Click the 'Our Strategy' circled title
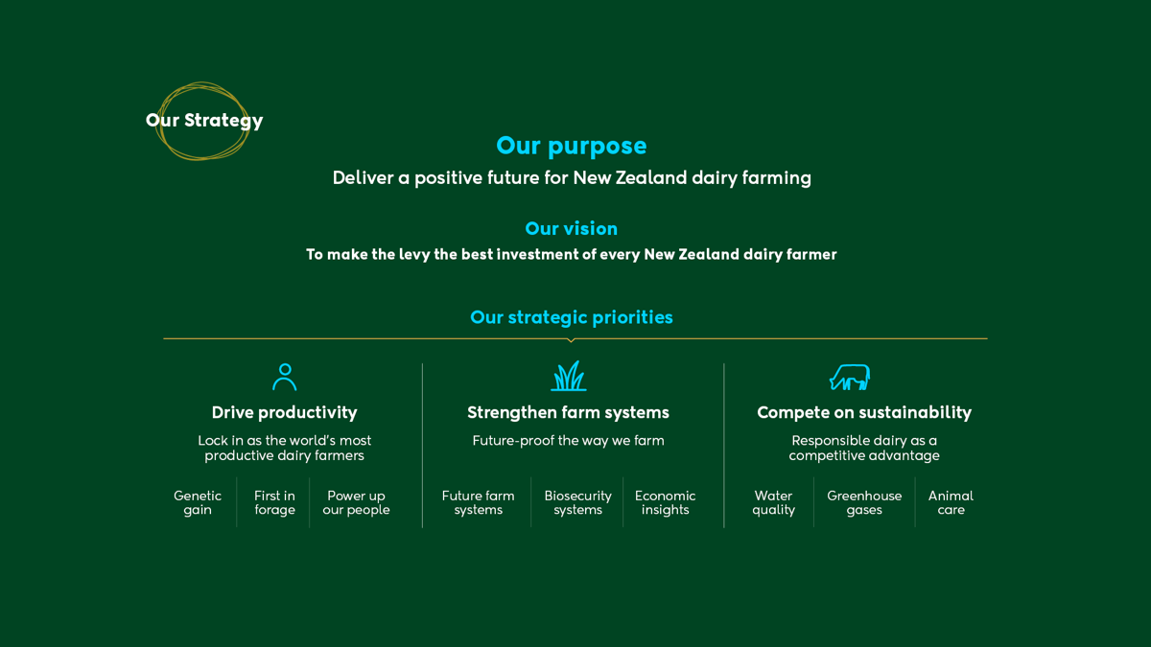point(204,120)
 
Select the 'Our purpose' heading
point(571,146)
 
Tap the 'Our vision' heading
point(571,228)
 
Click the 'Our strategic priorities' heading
point(571,317)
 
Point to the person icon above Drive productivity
point(285,377)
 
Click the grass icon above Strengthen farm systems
point(568,376)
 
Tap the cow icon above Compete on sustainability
point(850,378)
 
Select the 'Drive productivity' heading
point(284,412)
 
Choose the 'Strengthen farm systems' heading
point(568,412)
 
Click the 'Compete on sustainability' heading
point(864,412)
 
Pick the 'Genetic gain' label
point(198,502)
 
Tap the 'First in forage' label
point(274,502)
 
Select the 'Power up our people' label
point(356,502)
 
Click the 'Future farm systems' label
point(478,502)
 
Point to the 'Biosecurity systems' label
point(578,502)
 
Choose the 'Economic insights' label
point(665,502)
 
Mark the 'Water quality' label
point(773,502)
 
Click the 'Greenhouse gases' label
point(864,502)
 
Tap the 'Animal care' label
point(951,502)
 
